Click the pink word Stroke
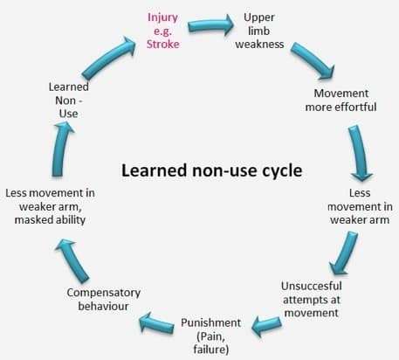pos(163,44)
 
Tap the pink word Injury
pos(162,18)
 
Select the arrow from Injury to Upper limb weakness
pos(210,25)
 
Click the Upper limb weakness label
pos(259,31)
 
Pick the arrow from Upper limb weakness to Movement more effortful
pos(313,60)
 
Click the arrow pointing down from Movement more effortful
pos(360,153)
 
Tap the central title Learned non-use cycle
pos(211,170)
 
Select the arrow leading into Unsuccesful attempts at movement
pos(343,253)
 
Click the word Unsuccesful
pos(312,286)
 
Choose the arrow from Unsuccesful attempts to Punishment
pos(266,325)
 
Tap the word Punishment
pos(210,322)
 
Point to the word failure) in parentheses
pos(211,349)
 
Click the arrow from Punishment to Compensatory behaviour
pos(156,323)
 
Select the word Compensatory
pos(104,293)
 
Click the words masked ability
pos(50,220)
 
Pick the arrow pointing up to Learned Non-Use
pos(61,149)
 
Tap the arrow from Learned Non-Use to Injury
pos(109,58)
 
